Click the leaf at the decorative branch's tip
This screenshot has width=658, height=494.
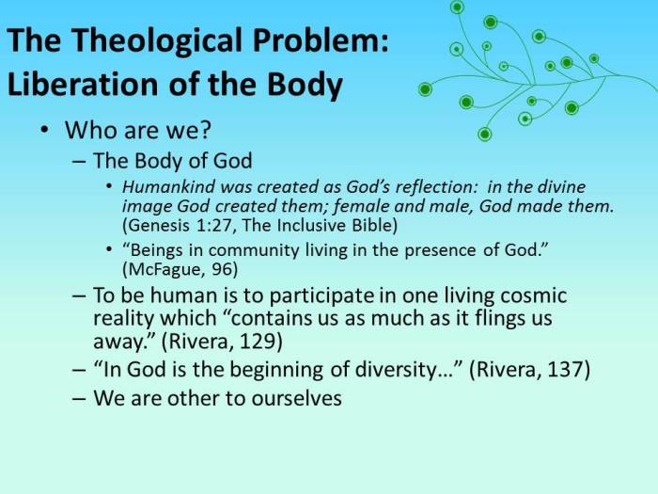pyautogui.click(x=593, y=57)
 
